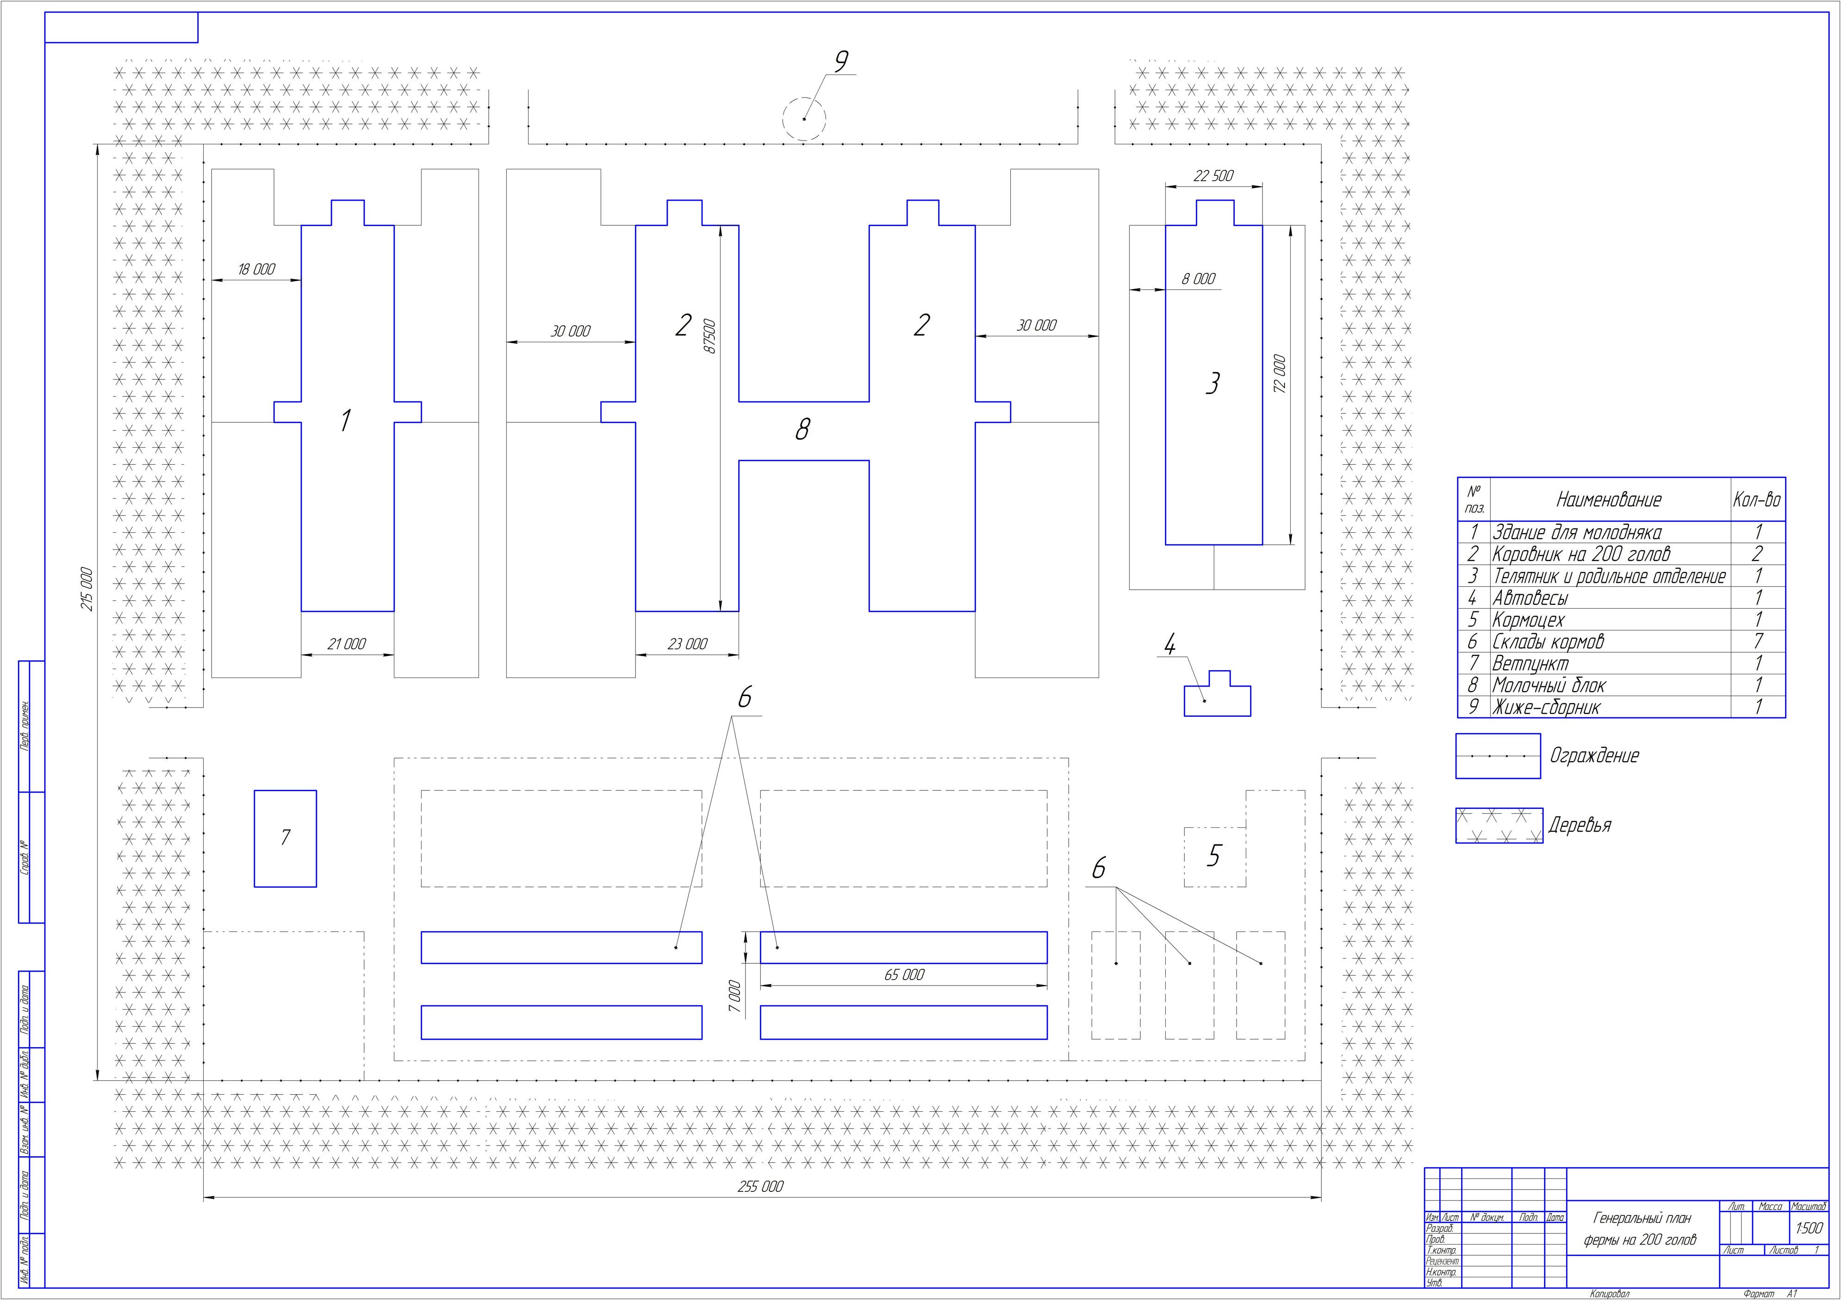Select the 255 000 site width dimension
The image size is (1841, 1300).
[760, 1186]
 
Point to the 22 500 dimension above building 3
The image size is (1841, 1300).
[1213, 176]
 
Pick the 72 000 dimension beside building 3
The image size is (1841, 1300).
[1280, 374]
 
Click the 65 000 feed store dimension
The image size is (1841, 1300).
[904, 974]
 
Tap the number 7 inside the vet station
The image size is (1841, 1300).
[286, 838]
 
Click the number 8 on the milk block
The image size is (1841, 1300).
[802, 431]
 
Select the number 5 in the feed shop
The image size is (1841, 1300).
[1214, 856]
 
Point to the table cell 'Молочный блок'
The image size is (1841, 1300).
[1549, 685]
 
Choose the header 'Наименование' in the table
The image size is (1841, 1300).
[1609, 500]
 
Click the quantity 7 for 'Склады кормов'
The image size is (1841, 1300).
[1758, 641]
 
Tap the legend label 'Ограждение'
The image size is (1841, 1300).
[1594, 756]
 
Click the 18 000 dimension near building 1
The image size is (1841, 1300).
[256, 269]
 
